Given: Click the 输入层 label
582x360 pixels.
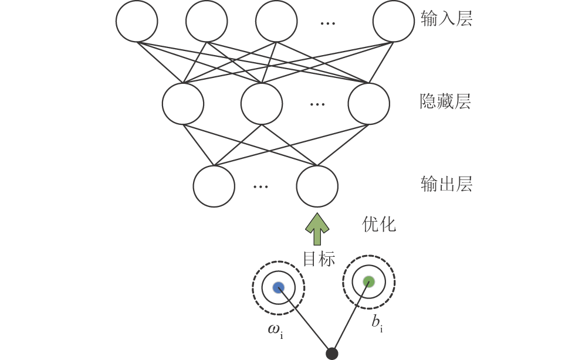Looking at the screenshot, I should (x=446, y=19).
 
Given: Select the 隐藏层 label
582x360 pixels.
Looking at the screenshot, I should (x=445, y=102).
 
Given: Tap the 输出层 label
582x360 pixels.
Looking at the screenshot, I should (x=446, y=185).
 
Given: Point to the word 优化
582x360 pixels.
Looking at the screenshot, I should (x=380, y=224).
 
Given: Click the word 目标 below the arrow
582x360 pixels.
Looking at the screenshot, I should (x=319, y=259).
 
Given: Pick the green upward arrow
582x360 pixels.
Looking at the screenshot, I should (x=317, y=229).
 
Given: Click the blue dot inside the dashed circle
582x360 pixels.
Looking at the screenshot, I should (x=278, y=288).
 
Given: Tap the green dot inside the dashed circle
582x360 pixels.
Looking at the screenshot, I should (x=368, y=281).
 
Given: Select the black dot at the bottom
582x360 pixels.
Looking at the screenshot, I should (x=331, y=354).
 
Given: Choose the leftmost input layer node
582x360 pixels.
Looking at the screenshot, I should (x=137, y=22).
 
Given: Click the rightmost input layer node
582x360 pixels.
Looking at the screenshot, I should (x=393, y=22).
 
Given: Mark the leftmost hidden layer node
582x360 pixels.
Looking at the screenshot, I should (x=183, y=104).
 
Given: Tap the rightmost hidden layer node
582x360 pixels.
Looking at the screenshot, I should (x=368, y=104).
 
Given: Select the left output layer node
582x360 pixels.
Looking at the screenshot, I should (x=214, y=186).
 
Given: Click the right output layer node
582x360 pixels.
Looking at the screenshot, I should (x=317, y=186).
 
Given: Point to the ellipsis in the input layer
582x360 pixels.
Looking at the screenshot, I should (x=327, y=23).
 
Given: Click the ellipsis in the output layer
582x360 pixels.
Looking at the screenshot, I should (x=260, y=187).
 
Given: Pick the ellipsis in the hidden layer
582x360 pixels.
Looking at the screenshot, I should (x=317, y=104).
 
